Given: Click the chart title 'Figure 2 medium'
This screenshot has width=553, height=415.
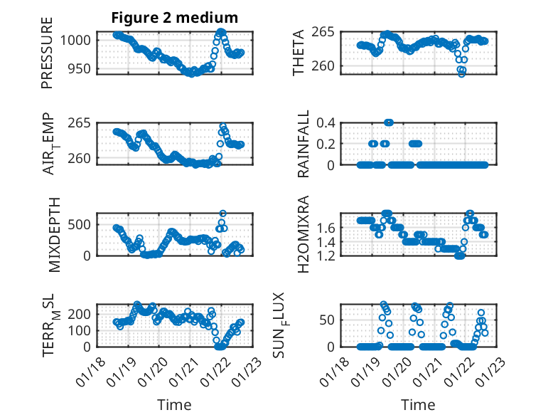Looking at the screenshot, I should click(x=174, y=17).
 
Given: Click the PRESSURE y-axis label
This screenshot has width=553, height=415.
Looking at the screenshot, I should click(x=48, y=58).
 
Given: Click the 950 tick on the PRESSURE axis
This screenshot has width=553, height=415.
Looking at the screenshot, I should click(x=80, y=69).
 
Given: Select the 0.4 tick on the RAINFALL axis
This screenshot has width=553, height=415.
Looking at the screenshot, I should click(x=325, y=122).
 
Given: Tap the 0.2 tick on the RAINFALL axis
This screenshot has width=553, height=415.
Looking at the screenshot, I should click(x=325, y=144).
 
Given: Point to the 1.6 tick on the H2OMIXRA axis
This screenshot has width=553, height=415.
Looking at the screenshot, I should click(x=325, y=228).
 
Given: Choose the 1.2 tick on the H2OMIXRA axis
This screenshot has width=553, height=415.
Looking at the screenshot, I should click(x=325, y=256).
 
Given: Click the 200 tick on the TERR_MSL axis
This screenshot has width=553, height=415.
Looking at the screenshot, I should click(x=80, y=314).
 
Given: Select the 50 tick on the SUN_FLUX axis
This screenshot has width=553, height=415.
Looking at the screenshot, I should click(x=328, y=320).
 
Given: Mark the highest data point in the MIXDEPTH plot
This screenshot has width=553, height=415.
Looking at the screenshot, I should click(x=222, y=214).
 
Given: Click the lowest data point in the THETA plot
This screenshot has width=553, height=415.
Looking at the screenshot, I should click(x=462, y=73).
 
